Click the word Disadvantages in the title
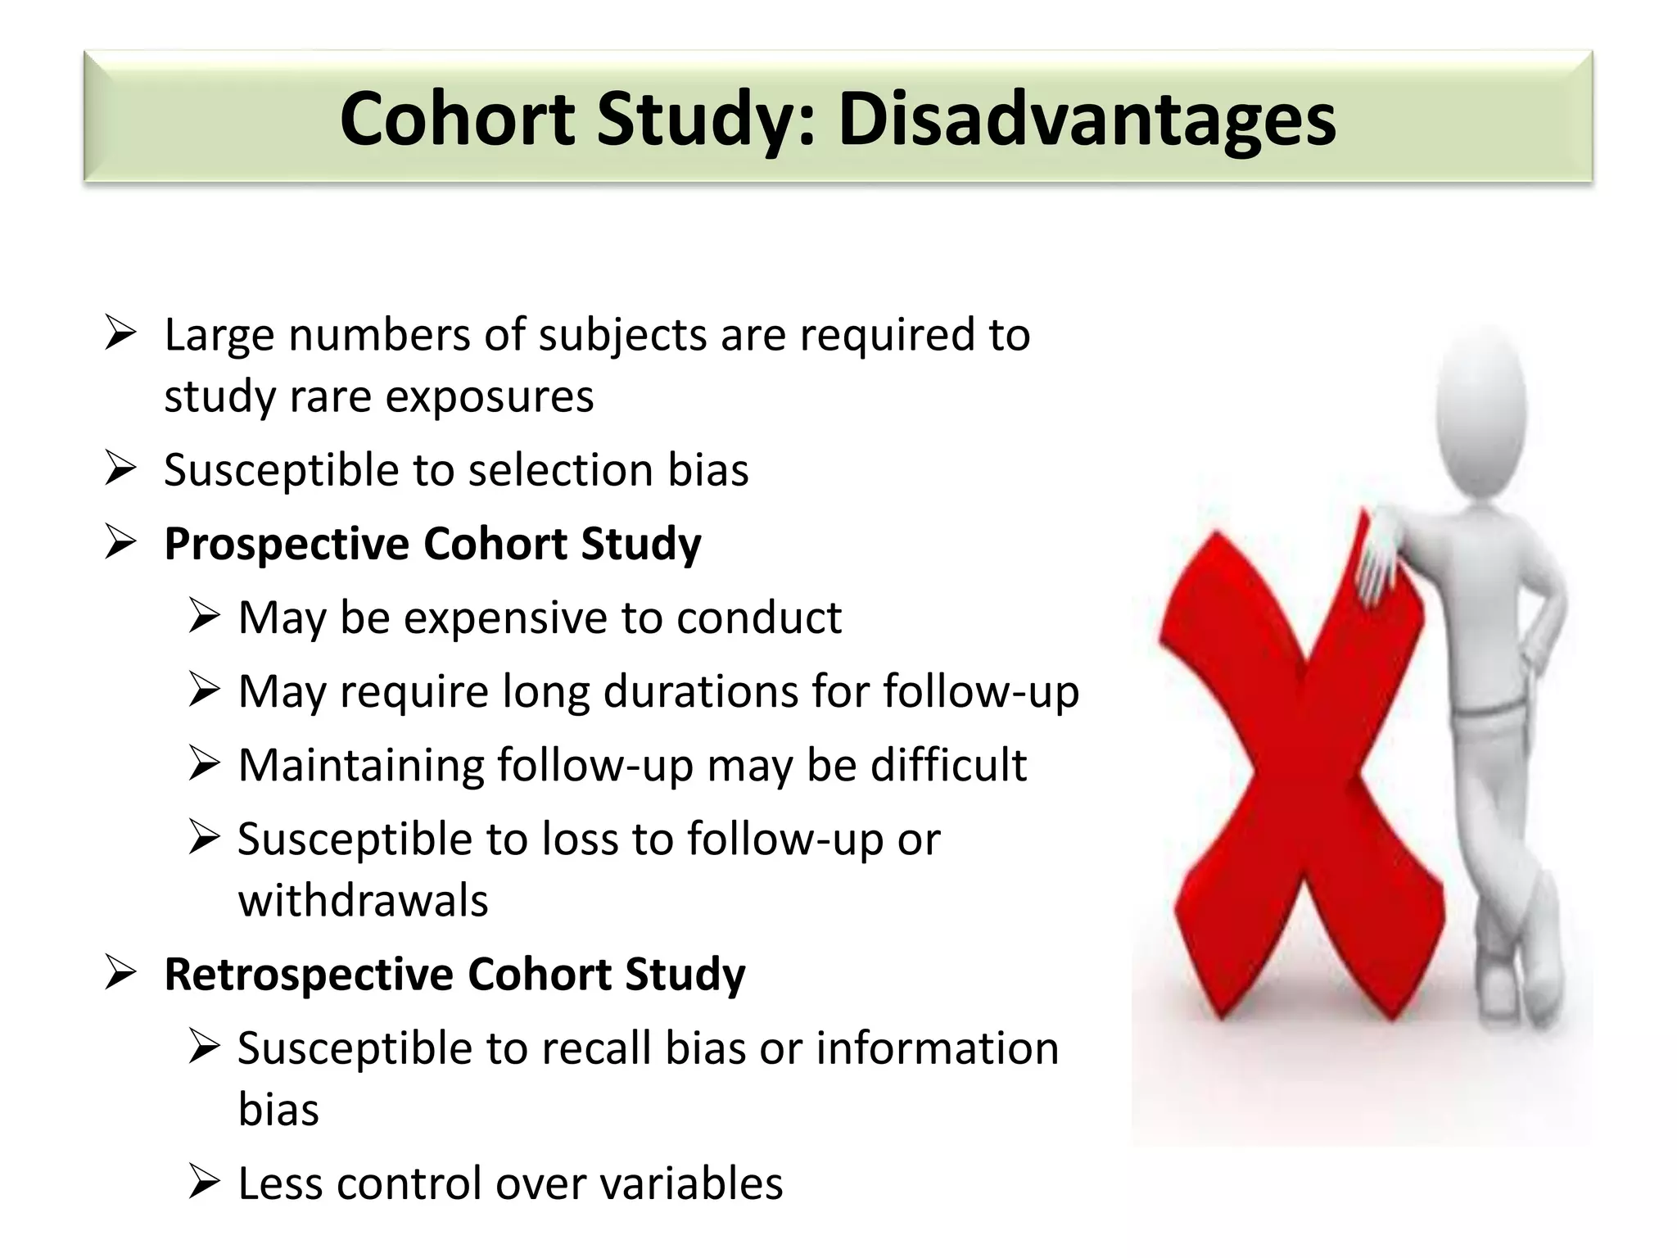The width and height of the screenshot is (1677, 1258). (1087, 120)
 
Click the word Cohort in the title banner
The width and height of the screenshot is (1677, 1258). (458, 120)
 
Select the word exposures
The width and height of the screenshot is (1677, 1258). (489, 397)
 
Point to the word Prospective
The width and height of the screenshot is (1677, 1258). (286, 545)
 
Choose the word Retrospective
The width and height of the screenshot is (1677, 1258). (308, 975)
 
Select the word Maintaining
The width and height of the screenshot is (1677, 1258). (361, 766)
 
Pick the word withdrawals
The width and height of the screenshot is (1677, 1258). (363, 901)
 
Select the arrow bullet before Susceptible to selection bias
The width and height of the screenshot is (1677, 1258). (120, 468)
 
